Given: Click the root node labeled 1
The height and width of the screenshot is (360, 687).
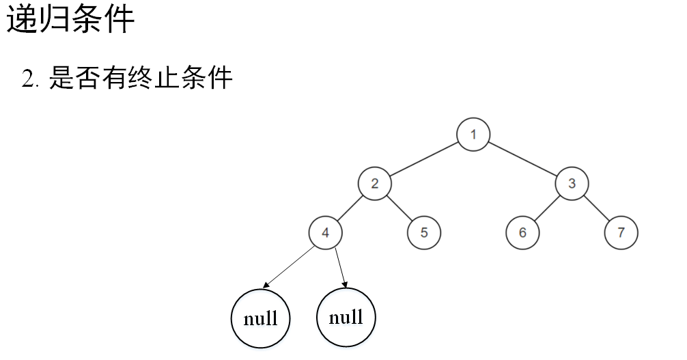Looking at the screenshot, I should tap(473, 134).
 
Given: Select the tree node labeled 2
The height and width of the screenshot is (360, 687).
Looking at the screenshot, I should tap(375, 183).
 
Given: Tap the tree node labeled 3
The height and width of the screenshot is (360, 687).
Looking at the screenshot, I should tap(572, 183).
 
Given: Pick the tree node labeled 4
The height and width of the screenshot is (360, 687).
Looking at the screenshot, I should tap(326, 232).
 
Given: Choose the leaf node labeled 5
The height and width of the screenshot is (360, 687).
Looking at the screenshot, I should tap(424, 232).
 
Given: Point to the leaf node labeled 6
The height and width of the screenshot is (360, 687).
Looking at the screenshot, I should tap(522, 232).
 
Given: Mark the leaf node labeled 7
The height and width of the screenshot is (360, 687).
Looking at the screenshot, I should tap(621, 232).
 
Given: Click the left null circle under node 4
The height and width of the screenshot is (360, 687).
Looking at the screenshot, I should tap(260, 318).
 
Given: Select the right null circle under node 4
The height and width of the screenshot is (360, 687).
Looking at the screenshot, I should tap(346, 317).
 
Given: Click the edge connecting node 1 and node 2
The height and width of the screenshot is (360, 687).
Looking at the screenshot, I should tap(424, 158).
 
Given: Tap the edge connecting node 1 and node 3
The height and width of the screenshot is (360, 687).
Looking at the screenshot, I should tap(522, 158).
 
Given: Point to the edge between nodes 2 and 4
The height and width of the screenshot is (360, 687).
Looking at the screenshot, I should tap(350, 208).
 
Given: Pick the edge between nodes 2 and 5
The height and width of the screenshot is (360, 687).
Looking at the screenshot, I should tap(399, 208).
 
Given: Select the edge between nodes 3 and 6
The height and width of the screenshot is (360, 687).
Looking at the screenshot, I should tap(547, 208).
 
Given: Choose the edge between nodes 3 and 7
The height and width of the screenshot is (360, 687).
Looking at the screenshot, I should tap(596, 208).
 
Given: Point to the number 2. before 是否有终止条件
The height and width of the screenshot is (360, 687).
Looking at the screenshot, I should tap(33, 81).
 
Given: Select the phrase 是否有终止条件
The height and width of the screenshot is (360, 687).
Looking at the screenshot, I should tap(141, 79).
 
